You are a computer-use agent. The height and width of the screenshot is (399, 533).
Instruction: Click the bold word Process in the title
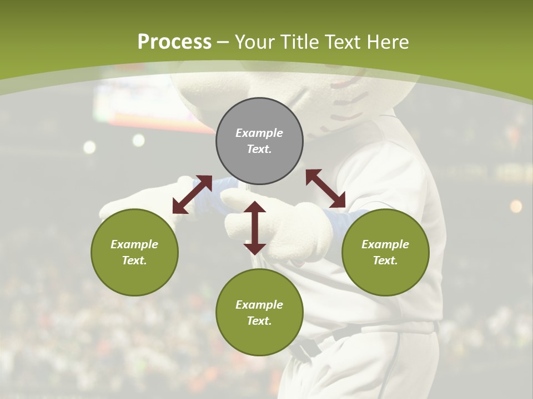pyautogui.click(x=174, y=42)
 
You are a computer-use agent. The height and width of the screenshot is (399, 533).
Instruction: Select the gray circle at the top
pyautogui.click(x=259, y=141)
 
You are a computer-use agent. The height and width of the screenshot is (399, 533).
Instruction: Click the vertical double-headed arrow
pyautogui.click(x=255, y=228)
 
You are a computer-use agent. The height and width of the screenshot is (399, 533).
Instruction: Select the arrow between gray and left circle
pyautogui.click(x=192, y=194)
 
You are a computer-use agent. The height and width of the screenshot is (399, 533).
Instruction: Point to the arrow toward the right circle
pyautogui.click(x=325, y=188)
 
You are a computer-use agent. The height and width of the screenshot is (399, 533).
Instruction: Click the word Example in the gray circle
pyautogui.click(x=259, y=133)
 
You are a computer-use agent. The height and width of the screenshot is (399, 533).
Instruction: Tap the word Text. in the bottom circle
pyautogui.click(x=259, y=321)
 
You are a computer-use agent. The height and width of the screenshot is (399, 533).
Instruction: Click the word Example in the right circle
pyautogui.click(x=385, y=244)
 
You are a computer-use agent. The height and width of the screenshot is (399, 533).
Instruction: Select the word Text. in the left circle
pyautogui.click(x=134, y=260)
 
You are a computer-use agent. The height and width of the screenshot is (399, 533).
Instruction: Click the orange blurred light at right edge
pyautogui.click(x=516, y=206)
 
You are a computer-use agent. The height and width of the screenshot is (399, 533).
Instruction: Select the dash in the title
pyautogui.click(x=223, y=43)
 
